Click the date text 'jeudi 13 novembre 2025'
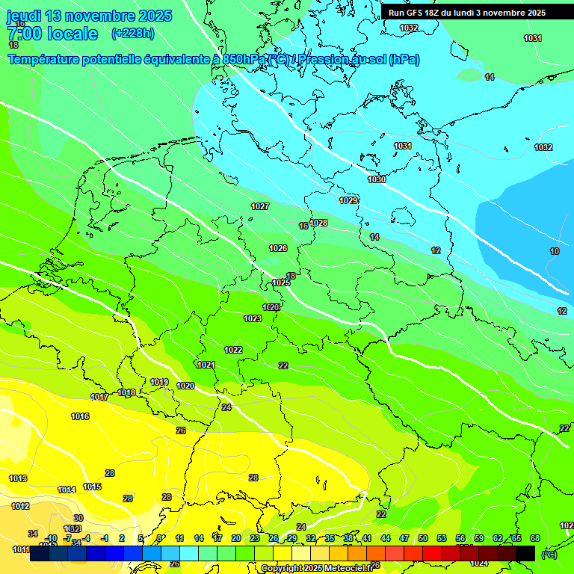tap(89, 16)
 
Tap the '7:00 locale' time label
tap(52, 34)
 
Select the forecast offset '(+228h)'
tap(132, 33)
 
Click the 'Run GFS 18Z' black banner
tap(466, 13)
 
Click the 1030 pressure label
tap(377, 179)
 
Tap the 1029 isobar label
tap(348, 200)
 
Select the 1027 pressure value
tap(260, 206)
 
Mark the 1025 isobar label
tap(281, 283)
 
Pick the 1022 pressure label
tap(233, 350)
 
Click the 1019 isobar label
tap(159, 382)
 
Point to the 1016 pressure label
tap(80, 416)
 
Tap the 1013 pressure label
tap(18, 478)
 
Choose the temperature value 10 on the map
tap(555, 252)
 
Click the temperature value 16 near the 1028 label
tap(303, 226)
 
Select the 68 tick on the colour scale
tap(535, 538)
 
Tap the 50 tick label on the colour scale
tap(423, 538)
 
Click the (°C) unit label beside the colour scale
tap(549, 555)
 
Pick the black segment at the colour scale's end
tap(525, 554)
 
